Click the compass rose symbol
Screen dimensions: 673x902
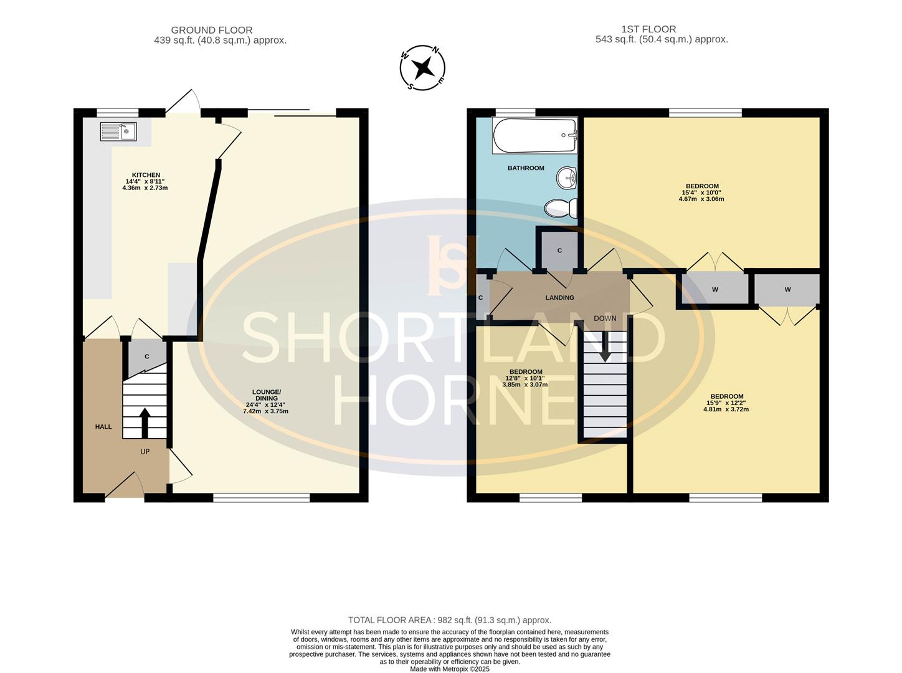[423, 67]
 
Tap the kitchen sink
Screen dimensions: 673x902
[118, 131]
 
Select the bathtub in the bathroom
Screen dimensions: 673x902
[535, 136]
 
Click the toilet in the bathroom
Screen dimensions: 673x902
[561, 208]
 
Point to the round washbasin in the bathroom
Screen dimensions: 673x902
[567, 178]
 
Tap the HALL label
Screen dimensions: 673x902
[103, 427]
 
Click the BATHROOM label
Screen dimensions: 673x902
[526, 168]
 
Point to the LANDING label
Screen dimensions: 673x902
[559, 298]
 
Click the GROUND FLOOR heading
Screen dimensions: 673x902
[212, 30]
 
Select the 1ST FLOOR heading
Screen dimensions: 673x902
[648, 29]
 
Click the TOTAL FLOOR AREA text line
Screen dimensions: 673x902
[450, 620]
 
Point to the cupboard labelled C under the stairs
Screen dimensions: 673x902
[147, 356]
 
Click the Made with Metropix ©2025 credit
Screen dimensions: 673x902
[450, 669]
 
